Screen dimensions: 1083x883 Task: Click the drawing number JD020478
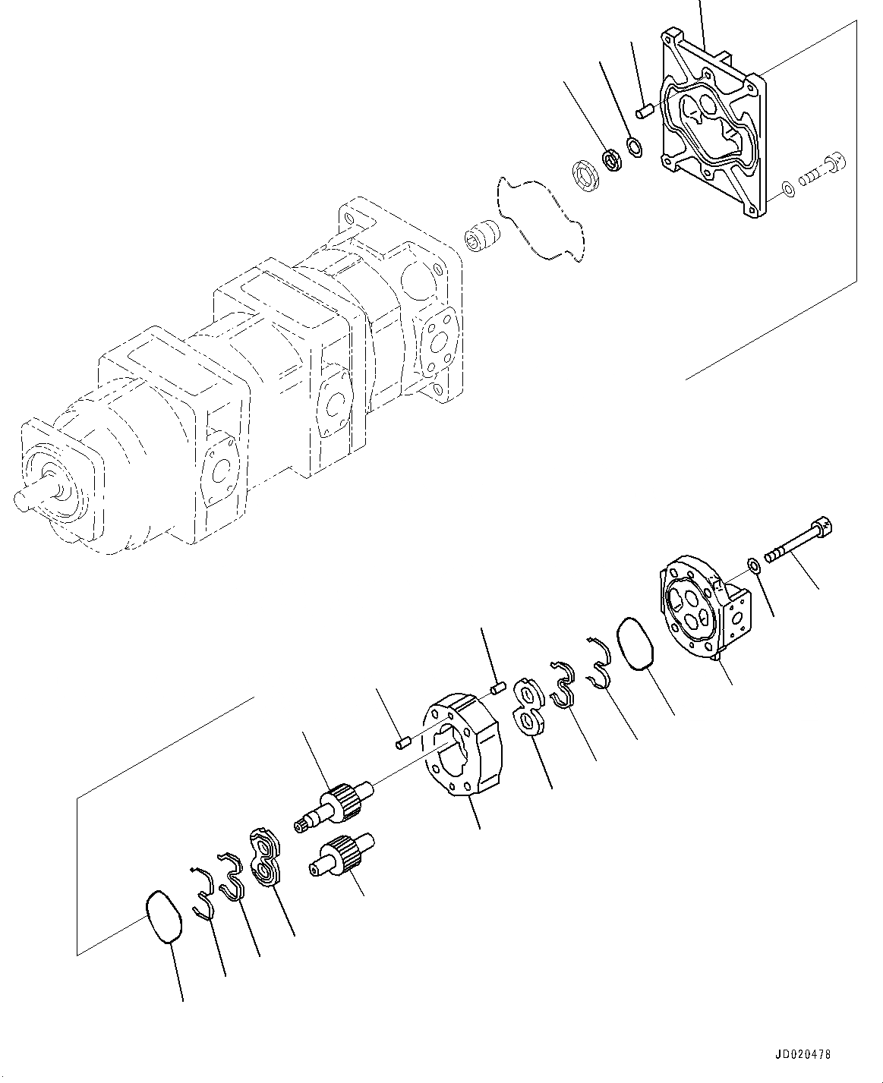pos(803,1055)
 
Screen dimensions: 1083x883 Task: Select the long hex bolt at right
pos(797,540)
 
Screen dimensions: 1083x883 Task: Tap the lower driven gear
pos(344,855)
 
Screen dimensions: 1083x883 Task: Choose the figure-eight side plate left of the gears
pos(264,858)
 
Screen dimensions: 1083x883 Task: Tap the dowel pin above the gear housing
pos(498,688)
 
